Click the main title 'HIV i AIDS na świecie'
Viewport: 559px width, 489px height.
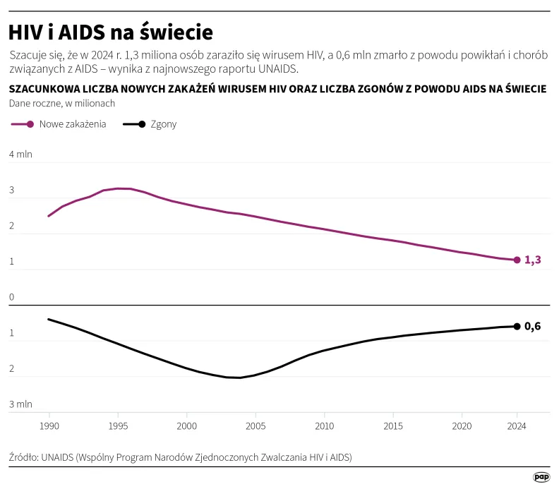click(110, 32)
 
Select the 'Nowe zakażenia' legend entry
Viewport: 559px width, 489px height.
click(59, 124)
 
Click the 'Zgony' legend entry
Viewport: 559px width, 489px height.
click(150, 124)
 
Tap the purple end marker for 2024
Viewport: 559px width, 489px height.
click(517, 260)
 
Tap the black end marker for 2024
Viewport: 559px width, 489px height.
click(517, 326)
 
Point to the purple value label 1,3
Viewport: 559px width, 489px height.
click(533, 260)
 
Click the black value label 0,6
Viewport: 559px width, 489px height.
click(533, 326)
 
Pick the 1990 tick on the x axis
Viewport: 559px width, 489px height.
click(49, 426)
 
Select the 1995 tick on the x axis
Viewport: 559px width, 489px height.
click(118, 426)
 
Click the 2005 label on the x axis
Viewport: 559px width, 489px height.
click(256, 426)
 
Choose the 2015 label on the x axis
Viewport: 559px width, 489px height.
click(393, 426)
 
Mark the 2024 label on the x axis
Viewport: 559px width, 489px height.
click(517, 426)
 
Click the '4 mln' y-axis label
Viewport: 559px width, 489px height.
click(20, 155)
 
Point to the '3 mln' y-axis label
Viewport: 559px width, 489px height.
click(20, 405)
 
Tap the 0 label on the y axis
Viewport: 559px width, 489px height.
click(11, 298)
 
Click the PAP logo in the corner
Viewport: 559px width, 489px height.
click(541, 477)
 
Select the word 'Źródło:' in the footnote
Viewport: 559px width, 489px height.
click(24, 457)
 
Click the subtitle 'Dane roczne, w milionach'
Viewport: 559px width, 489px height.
click(61, 103)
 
